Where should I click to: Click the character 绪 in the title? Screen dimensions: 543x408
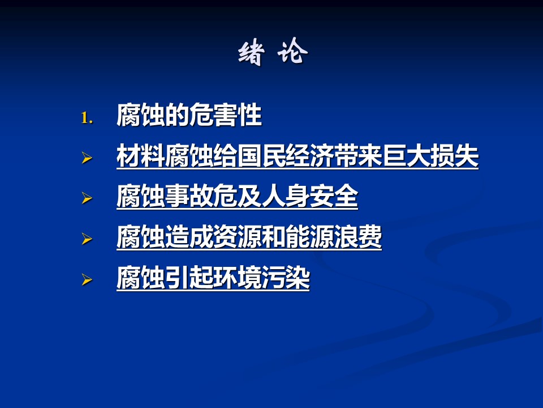tap(251, 53)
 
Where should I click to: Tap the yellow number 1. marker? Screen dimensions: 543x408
tap(87, 118)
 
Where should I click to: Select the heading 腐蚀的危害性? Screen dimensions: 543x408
tap(189, 115)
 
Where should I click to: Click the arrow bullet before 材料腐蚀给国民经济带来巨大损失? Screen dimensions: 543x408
tap(87, 158)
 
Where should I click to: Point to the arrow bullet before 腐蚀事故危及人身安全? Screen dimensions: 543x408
tap(87, 198)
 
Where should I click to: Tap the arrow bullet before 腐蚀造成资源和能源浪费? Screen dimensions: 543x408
tap(87, 239)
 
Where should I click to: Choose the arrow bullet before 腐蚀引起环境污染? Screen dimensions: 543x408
tap(87, 279)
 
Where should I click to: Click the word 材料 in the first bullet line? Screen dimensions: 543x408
tap(141, 156)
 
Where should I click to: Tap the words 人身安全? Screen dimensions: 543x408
tap(309, 196)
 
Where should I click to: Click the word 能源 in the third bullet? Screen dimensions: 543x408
tap(309, 237)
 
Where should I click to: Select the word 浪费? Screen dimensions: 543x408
tap(357, 237)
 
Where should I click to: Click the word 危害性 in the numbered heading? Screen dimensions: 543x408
tap(225, 115)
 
